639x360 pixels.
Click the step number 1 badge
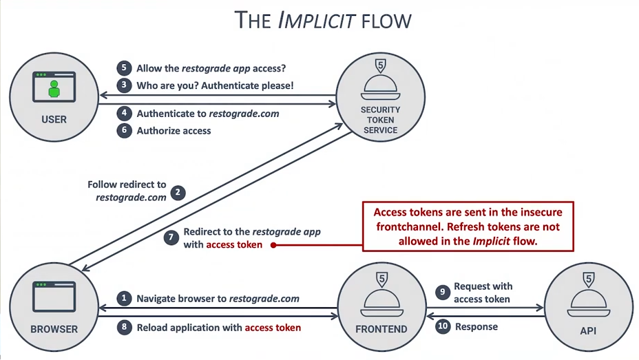point(124,299)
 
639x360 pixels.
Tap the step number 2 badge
point(178,192)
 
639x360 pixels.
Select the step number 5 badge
point(124,68)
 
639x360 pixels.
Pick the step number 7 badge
point(172,238)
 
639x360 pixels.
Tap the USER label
point(54,119)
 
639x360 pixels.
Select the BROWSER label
point(54,329)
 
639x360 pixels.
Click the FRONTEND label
point(381,329)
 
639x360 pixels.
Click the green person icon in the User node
point(54,89)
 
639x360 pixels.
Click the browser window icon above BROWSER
point(54,296)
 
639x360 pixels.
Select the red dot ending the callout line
point(273,245)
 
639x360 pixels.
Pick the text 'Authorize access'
point(174,131)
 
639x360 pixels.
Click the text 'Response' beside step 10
point(476,326)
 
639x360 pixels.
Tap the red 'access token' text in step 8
point(273,328)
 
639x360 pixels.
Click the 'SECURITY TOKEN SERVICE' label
point(380,120)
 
